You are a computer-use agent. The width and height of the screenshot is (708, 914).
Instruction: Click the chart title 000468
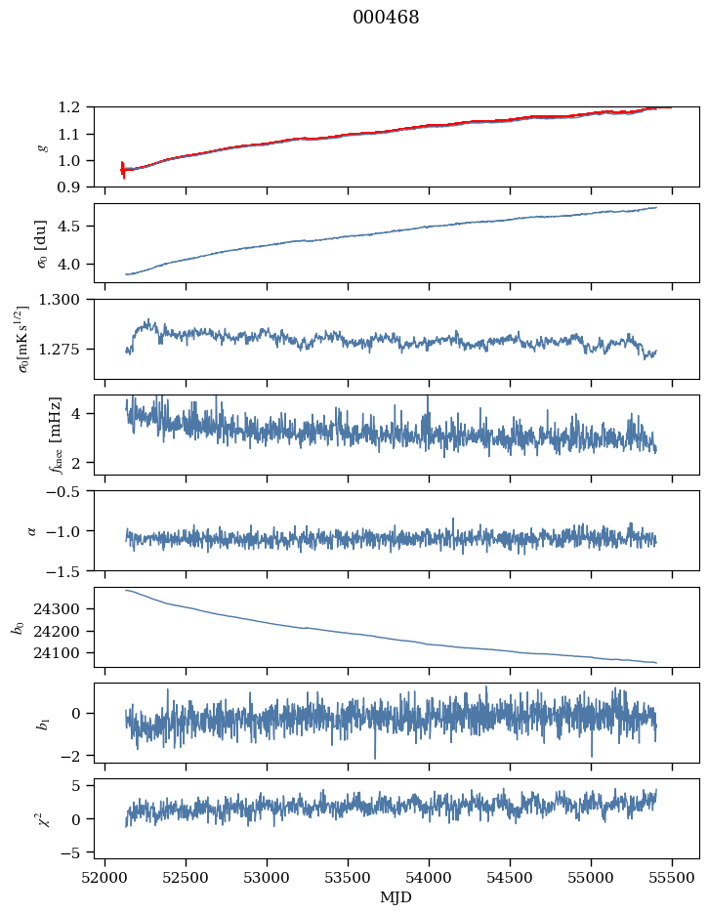386,18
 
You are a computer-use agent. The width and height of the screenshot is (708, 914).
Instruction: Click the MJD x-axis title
396,896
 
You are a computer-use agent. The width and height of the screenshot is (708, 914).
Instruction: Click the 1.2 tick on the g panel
75,106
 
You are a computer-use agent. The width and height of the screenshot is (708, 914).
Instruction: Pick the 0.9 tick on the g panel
75,187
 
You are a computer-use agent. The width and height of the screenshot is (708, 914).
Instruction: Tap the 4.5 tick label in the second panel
75,227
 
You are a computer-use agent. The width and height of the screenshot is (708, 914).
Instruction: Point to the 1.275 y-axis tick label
68,349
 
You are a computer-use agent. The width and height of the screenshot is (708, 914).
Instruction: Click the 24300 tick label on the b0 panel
64,608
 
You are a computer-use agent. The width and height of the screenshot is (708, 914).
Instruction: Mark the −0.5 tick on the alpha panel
68,490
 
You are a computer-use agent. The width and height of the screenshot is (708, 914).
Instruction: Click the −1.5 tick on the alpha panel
68,570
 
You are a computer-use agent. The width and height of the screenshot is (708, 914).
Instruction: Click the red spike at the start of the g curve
123,170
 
